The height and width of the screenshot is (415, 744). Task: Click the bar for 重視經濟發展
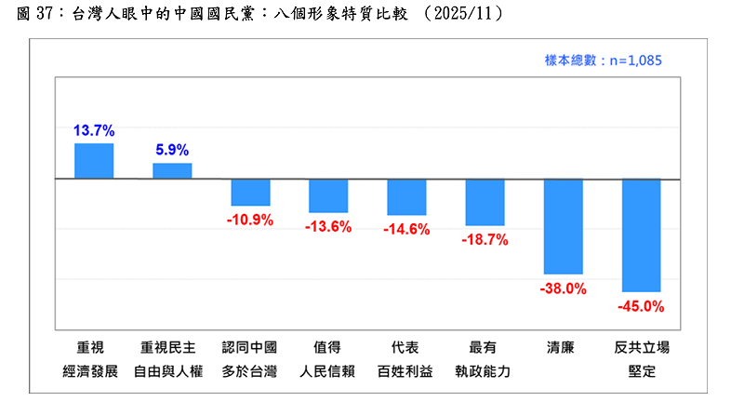click(94, 161)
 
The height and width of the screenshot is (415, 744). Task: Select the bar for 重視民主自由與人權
click(172, 171)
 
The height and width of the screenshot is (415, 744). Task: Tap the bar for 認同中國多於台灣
click(250, 192)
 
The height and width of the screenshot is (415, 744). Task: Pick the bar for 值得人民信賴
click(328, 195)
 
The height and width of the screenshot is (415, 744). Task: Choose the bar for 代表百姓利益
click(406, 196)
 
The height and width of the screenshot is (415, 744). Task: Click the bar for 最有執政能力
click(485, 202)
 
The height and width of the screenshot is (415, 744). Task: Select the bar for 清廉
click(563, 226)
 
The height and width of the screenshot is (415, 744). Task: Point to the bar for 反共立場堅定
click(641, 235)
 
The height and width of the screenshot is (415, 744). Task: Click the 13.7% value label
click(94, 130)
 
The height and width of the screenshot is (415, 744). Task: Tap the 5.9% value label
click(172, 150)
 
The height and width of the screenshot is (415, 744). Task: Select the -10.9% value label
click(250, 220)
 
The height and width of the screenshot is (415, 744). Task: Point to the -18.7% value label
click(485, 239)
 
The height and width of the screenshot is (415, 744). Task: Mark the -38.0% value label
click(563, 288)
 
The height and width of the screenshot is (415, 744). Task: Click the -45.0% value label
click(641, 306)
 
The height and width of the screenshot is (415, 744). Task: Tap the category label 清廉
click(562, 348)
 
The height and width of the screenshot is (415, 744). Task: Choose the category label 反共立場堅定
click(641, 359)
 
